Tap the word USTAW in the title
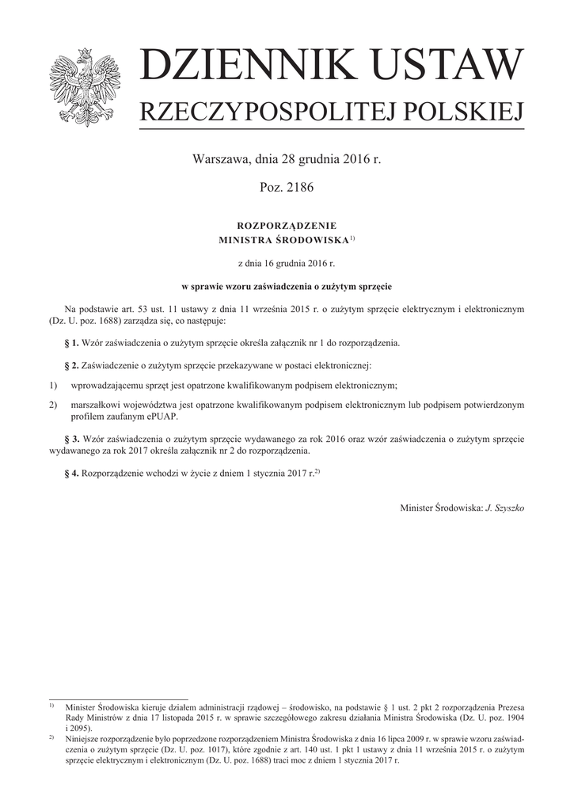click(x=444, y=66)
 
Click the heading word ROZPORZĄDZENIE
click(x=287, y=226)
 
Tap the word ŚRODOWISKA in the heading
click(x=313, y=239)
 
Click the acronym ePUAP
click(x=162, y=417)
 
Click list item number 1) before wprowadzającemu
click(x=54, y=386)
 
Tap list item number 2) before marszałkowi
click(x=54, y=405)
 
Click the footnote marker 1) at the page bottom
click(x=51, y=703)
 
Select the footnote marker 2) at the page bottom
click(x=51, y=737)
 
